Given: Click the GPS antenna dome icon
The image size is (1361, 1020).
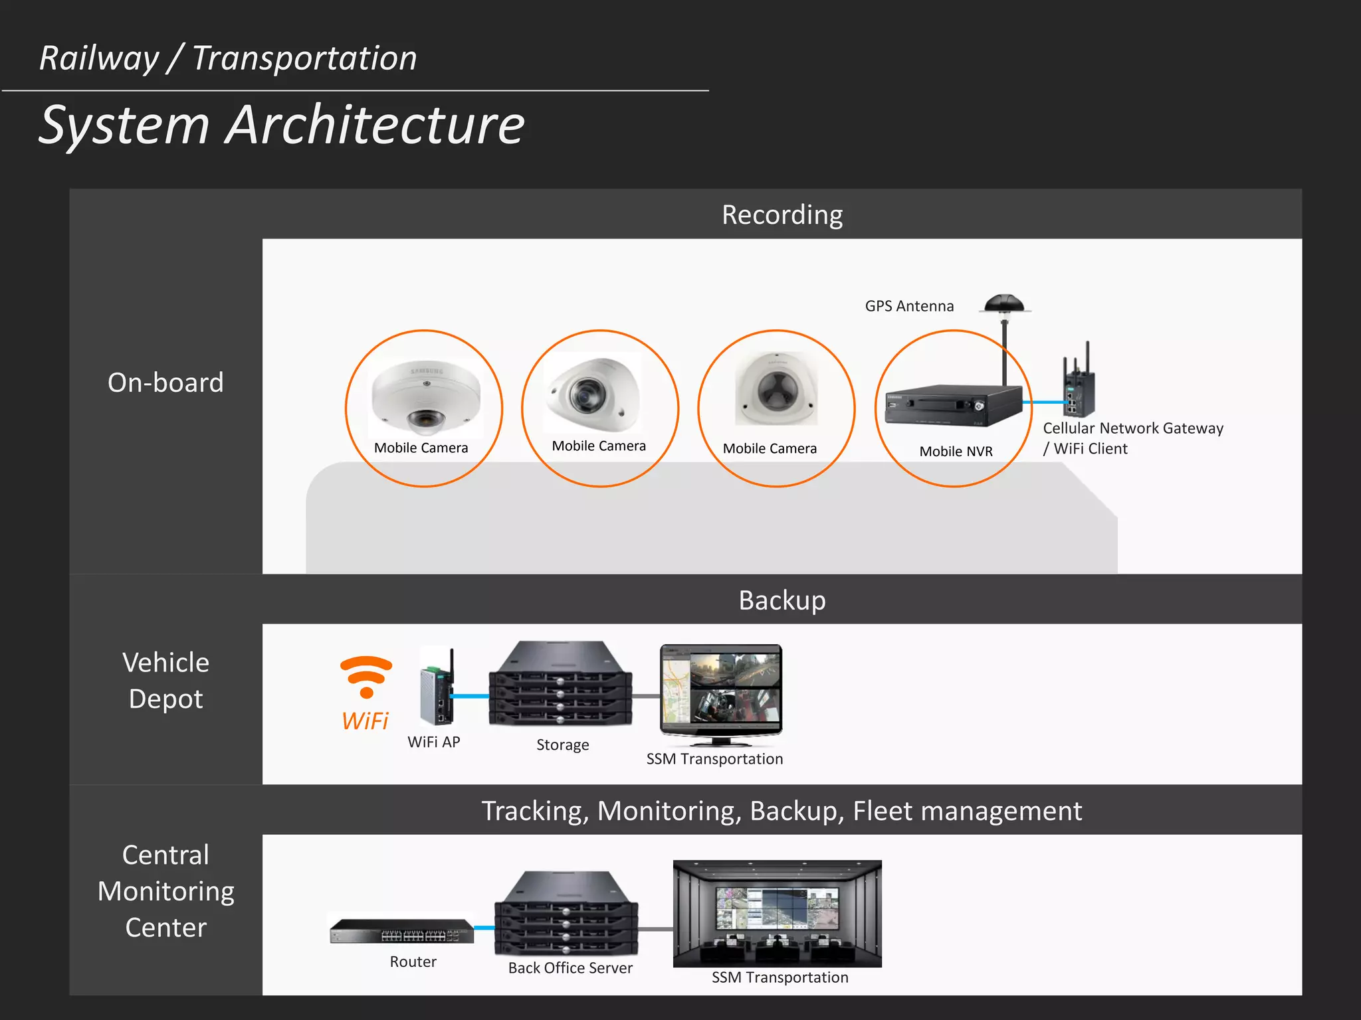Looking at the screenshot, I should [1005, 305].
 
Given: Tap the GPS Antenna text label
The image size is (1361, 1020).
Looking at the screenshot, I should [909, 306].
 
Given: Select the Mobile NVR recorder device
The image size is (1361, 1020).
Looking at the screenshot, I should [953, 405].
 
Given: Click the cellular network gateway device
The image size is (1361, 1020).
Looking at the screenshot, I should [1078, 382].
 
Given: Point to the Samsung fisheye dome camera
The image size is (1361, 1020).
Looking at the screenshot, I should [425, 396].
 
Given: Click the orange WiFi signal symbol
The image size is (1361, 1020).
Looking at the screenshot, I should [366, 676].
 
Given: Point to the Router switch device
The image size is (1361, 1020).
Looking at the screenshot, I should [402, 931].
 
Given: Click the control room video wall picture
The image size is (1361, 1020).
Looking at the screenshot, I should [777, 912].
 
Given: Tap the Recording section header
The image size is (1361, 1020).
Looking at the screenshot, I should [782, 214].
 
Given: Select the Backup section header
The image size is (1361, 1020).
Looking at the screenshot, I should [782, 600].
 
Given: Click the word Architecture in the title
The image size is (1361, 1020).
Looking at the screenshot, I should [375, 126].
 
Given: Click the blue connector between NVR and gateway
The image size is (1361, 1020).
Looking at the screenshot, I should [1045, 402].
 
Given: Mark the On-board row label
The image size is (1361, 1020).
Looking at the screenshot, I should [165, 383].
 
